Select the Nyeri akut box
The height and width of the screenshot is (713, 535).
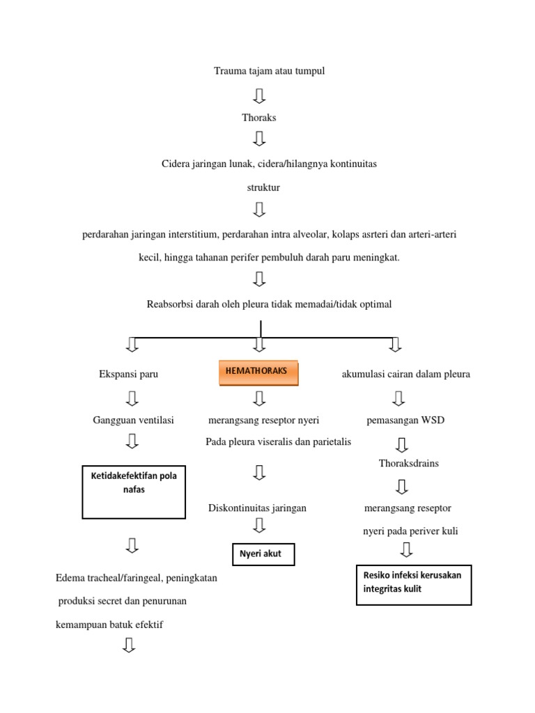[x=263, y=554]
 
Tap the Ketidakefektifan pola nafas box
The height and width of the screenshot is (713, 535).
[x=134, y=492]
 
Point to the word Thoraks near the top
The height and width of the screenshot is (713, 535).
[x=259, y=118]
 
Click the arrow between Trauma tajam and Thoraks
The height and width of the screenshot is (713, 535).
[x=259, y=94]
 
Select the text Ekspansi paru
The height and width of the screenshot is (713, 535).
[x=129, y=374]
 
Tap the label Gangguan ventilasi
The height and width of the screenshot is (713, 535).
[x=134, y=420]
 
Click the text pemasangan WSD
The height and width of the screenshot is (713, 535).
[x=405, y=421]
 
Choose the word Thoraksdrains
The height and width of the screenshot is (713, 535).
[x=409, y=463]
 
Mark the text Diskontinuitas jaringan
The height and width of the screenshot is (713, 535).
[x=258, y=508]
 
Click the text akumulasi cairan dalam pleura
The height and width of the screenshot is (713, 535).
[x=406, y=374]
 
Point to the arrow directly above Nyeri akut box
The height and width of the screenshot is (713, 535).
[x=259, y=526]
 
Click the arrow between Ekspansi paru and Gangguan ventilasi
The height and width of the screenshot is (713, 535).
[x=132, y=398]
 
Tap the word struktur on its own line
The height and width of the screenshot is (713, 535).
[x=263, y=187]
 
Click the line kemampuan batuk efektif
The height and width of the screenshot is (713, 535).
[x=109, y=625]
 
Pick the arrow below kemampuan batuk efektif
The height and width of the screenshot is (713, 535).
[x=128, y=646]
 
